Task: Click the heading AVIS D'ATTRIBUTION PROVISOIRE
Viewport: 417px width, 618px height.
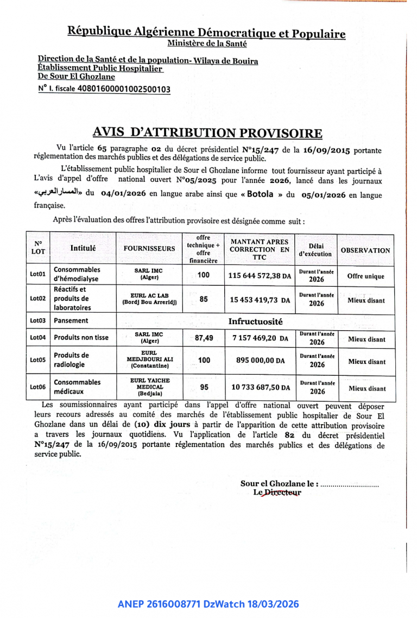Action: pyautogui.click(x=207, y=133)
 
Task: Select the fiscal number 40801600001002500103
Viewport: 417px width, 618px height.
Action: pyautogui.click(x=124, y=89)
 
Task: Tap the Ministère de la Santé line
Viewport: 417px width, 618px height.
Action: pyautogui.click(x=207, y=44)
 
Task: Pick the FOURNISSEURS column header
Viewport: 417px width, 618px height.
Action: pyautogui.click(x=149, y=249)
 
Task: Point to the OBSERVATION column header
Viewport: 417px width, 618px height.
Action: pyautogui.click(x=365, y=250)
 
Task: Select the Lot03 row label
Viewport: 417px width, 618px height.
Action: pyautogui.click(x=37, y=321)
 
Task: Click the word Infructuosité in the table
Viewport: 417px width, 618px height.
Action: pyautogui.click(x=255, y=321)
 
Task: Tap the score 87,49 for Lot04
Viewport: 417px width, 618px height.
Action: pyautogui.click(x=204, y=338)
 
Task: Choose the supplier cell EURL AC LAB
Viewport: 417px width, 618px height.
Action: pyautogui.click(x=149, y=299)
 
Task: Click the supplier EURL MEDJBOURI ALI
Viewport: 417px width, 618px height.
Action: pyautogui.click(x=149, y=360)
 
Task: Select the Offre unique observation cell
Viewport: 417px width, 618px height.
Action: pyautogui.click(x=365, y=276)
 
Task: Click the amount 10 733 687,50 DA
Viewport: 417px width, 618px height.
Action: pyautogui.click(x=260, y=387)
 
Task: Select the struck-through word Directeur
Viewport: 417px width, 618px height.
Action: pyautogui.click(x=282, y=493)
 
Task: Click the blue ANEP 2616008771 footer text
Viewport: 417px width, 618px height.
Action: pyautogui.click(x=208, y=604)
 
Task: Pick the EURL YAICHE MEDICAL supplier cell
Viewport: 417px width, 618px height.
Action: pyautogui.click(x=149, y=387)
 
